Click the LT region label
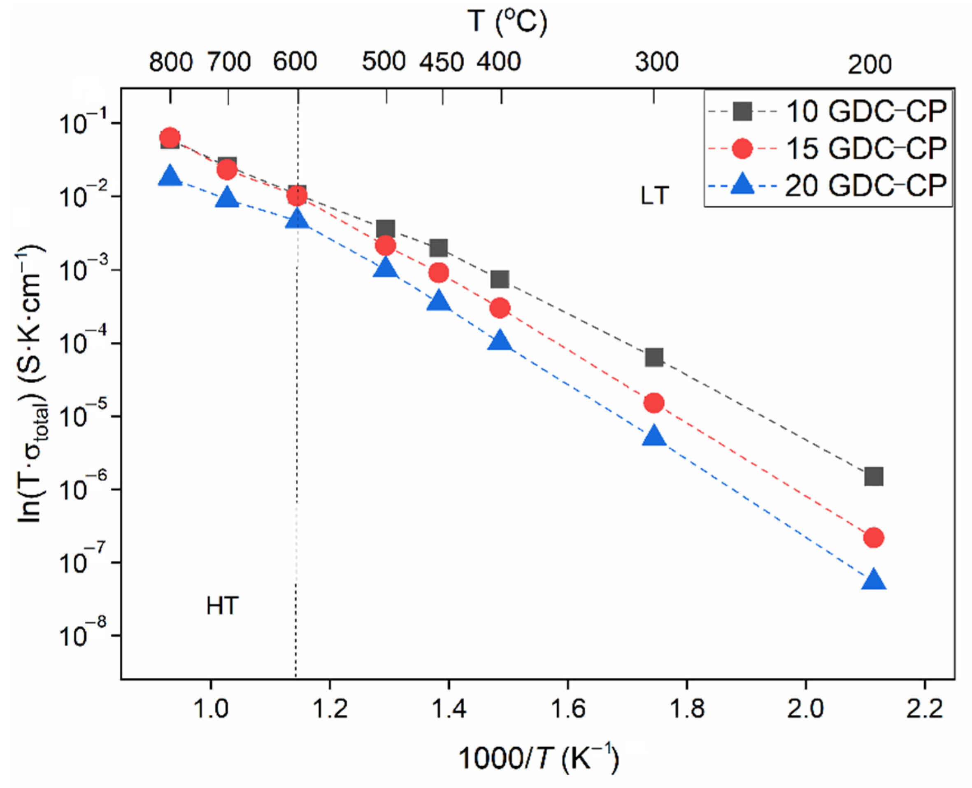click(655, 196)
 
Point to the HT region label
click(222, 606)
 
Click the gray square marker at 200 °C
click(874, 477)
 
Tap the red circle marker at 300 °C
click(654, 403)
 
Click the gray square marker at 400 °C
click(500, 280)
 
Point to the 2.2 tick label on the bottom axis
click(924, 709)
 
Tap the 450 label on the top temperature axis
click(441, 62)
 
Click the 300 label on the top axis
click(656, 62)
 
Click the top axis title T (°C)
click(507, 22)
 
